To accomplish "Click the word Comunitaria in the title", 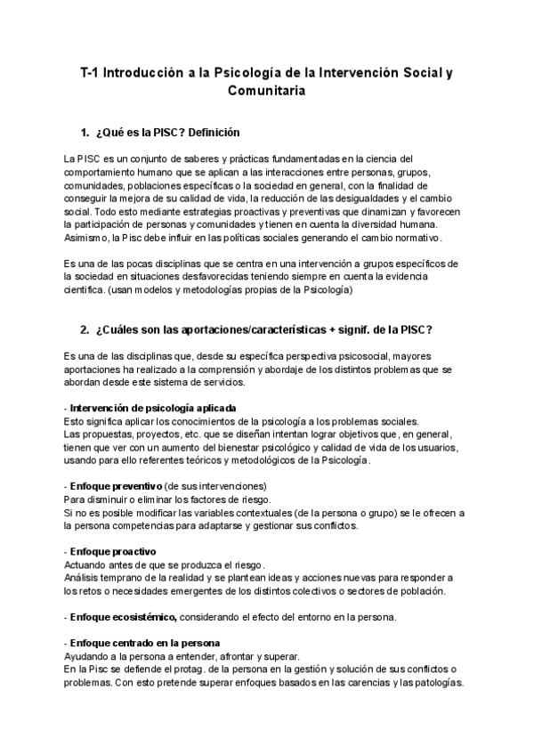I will tap(267, 92).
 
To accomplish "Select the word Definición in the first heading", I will tap(210, 133).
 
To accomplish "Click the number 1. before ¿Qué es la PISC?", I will tap(85, 133).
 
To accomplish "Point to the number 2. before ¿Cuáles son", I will tap(85, 330).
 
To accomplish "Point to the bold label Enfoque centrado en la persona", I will tap(147, 643).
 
